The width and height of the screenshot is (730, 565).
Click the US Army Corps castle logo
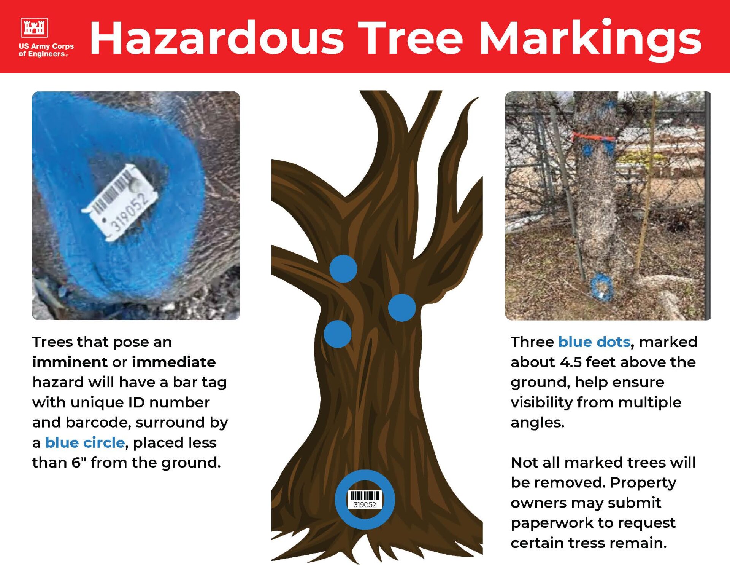click(34, 27)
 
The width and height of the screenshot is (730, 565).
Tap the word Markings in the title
click(590, 40)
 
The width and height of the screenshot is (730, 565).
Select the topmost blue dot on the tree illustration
click(343, 269)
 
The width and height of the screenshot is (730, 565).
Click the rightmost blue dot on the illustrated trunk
click(402, 308)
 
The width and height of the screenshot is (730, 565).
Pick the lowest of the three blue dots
click(338, 334)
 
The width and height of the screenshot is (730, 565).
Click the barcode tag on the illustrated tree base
click(365, 500)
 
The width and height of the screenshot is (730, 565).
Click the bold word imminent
click(70, 362)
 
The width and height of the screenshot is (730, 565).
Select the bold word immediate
click(174, 362)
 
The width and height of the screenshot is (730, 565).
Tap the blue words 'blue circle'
click(85, 442)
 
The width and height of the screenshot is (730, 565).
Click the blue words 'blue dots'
click(594, 342)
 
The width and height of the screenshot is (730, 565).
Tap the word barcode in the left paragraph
click(98, 422)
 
